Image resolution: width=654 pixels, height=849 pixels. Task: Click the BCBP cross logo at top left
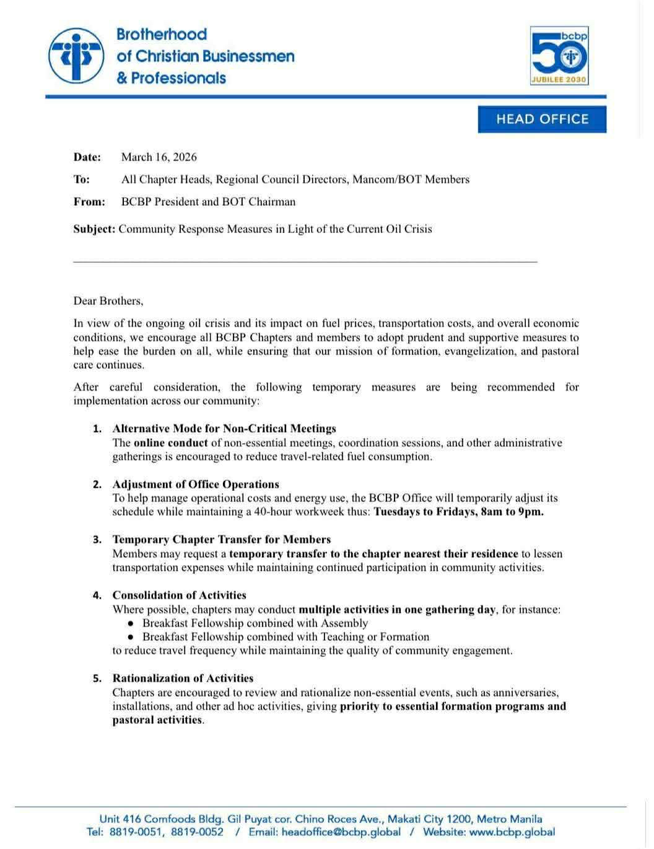pyautogui.click(x=76, y=56)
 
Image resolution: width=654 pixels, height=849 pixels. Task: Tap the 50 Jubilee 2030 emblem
pyautogui.click(x=559, y=56)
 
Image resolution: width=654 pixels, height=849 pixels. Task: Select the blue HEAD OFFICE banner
pyautogui.click(x=542, y=119)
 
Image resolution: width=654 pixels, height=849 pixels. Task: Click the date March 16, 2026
pyautogui.click(x=159, y=157)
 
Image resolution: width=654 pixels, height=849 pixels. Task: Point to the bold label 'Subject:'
pyautogui.click(x=94, y=229)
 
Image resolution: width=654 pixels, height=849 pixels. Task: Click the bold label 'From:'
pyautogui.click(x=89, y=201)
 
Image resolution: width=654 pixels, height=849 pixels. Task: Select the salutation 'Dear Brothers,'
pyautogui.click(x=108, y=301)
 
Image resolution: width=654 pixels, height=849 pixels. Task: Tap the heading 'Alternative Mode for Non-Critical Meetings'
pyautogui.click(x=224, y=428)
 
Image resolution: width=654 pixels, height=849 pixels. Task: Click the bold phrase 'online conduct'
pyautogui.click(x=170, y=442)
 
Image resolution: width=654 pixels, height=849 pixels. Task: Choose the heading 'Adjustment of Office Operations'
pyautogui.click(x=196, y=484)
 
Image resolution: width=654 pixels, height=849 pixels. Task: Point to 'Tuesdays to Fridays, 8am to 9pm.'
pyautogui.click(x=459, y=512)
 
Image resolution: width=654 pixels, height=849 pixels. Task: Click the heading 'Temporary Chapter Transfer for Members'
pyautogui.click(x=222, y=539)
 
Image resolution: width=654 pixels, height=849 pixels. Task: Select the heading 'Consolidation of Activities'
pyautogui.click(x=180, y=595)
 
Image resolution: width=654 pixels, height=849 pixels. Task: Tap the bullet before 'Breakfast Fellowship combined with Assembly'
pyautogui.click(x=131, y=623)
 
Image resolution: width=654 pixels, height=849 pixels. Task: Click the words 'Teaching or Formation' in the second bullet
pyautogui.click(x=375, y=636)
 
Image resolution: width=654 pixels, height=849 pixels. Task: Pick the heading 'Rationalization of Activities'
pyautogui.click(x=183, y=678)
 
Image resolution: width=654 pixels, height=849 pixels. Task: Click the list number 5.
pyautogui.click(x=97, y=679)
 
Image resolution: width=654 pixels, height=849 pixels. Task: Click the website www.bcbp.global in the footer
pyautogui.click(x=512, y=832)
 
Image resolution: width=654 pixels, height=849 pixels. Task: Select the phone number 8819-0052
pyautogui.click(x=197, y=832)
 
